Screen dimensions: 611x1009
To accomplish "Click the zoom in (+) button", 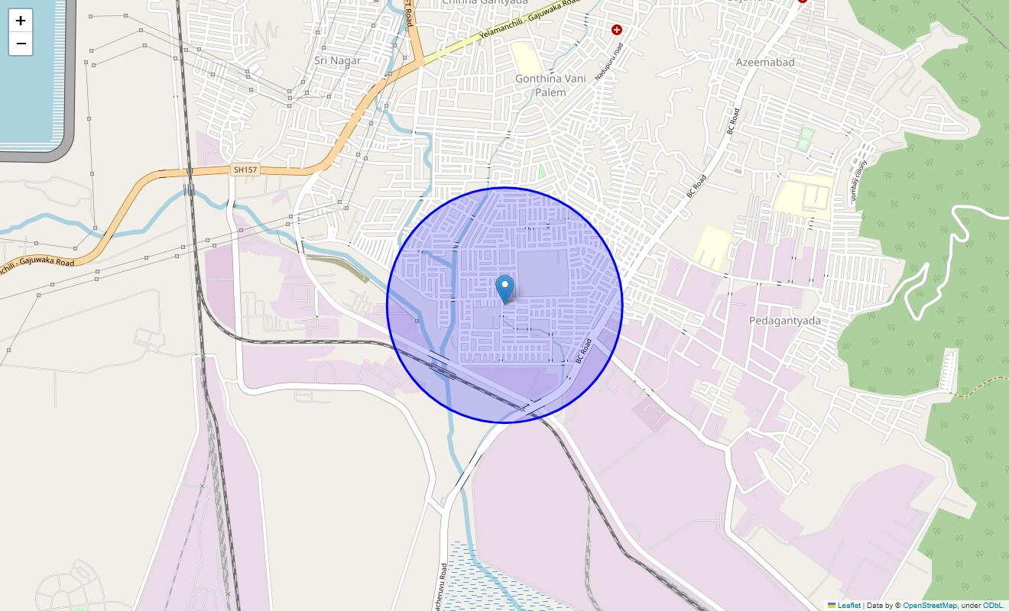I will click(x=21, y=21).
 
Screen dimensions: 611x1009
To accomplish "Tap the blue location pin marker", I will click(x=504, y=289).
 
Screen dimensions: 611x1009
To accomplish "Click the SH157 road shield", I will click(x=245, y=170).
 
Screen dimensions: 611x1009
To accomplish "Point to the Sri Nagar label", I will click(x=337, y=60).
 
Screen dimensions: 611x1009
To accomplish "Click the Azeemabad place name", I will click(x=765, y=62).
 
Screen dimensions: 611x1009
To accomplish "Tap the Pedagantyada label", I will click(x=785, y=320).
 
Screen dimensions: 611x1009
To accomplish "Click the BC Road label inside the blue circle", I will click(x=584, y=351).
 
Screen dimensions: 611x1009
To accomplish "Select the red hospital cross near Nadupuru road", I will click(x=617, y=30).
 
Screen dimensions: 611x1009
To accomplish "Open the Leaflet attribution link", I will click(x=848, y=605).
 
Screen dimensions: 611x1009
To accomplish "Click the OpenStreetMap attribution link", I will click(x=930, y=605).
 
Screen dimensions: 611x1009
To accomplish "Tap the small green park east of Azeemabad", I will click(x=805, y=138).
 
